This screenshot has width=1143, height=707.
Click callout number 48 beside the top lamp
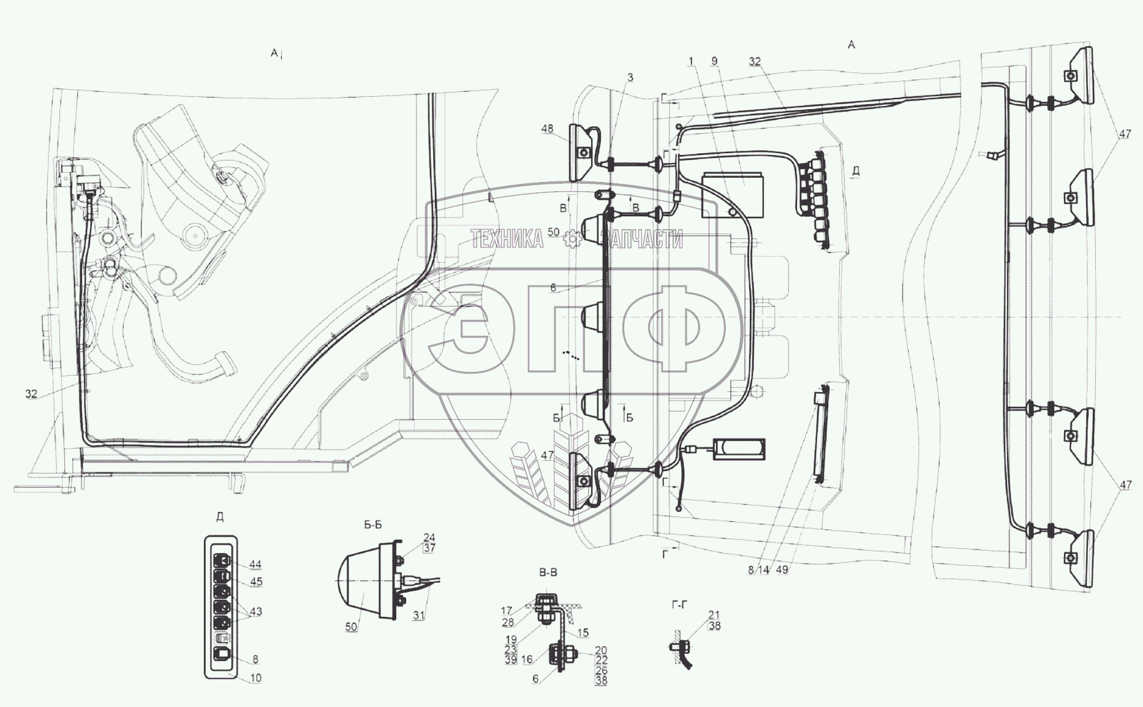pyautogui.click(x=547, y=129)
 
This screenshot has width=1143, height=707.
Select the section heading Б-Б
pyautogui.click(x=372, y=525)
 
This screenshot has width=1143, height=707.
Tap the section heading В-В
pyautogui.click(x=548, y=573)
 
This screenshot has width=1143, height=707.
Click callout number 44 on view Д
pyautogui.click(x=255, y=565)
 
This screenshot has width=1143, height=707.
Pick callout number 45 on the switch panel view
pyautogui.click(x=256, y=581)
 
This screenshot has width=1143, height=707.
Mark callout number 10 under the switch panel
pyautogui.click(x=255, y=678)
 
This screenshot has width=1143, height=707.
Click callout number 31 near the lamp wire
pyautogui.click(x=418, y=616)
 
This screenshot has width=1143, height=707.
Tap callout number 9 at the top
pyautogui.click(x=714, y=61)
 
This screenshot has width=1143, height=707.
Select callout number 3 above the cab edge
pyautogui.click(x=630, y=77)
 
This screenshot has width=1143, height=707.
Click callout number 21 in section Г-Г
pyautogui.click(x=714, y=614)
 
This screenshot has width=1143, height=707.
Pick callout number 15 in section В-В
pyautogui.click(x=583, y=632)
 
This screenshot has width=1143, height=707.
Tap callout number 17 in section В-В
pyautogui.click(x=506, y=611)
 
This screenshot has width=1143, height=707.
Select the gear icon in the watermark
pyautogui.click(x=572, y=239)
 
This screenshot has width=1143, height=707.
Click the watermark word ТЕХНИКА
pyautogui.click(x=507, y=239)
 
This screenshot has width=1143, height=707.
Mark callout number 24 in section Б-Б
pyautogui.click(x=429, y=538)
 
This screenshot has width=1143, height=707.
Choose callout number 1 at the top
pyautogui.click(x=691, y=61)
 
